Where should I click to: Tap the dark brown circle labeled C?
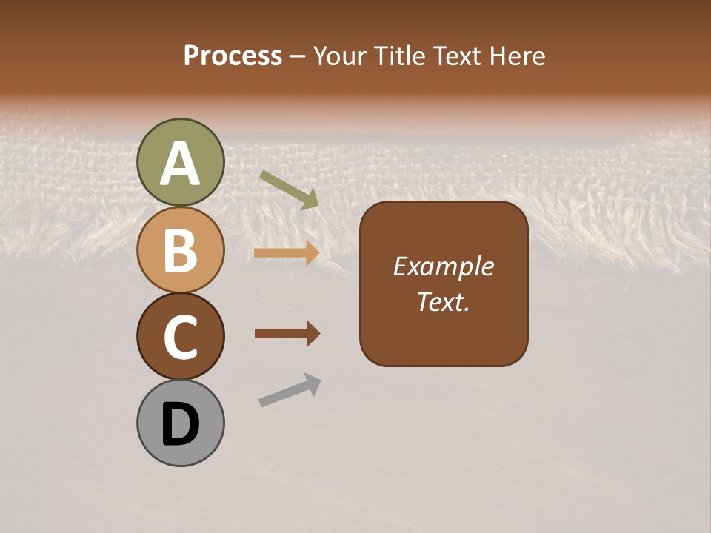[x=180, y=337]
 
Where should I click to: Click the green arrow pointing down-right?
[x=289, y=190]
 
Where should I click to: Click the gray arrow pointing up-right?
[x=290, y=389]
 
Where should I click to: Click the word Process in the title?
[x=233, y=56]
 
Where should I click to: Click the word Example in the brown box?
[x=443, y=266]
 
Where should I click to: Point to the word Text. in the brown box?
[x=443, y=301]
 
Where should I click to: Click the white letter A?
[x=180, y=164]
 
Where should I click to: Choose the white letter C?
[x=180, y=337]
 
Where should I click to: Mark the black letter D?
[x=180, y=425]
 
